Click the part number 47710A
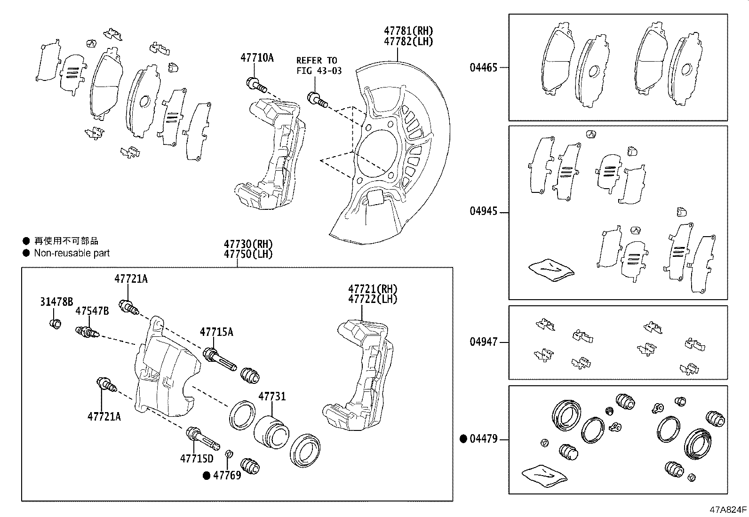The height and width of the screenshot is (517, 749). [x=256, y=58]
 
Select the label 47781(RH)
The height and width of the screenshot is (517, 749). [x=408, y=31]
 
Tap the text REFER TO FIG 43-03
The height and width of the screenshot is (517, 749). [x=318, y=65]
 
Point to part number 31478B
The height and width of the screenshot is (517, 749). [x=56, y=302]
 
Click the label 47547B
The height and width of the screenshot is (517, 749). [x=92, y=311]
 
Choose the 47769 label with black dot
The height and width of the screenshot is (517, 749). [x=227, y=475]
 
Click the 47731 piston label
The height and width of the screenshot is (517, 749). [x=271, y=397]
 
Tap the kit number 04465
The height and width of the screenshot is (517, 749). [x=483, y=67]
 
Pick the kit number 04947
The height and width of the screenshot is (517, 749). [x=483, y=342]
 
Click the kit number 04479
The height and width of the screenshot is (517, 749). [x=483, y=439]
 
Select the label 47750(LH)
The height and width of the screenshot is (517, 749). [x=248, y=255]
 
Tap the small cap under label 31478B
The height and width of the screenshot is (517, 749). [x=56, y=324]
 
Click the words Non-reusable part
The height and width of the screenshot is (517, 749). [x=72, y=253]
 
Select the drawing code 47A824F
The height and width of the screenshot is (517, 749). [x=728, y=509]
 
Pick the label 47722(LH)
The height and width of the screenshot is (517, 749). [x=372, y=299]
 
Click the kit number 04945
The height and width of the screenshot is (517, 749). [x=483, y=211]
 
